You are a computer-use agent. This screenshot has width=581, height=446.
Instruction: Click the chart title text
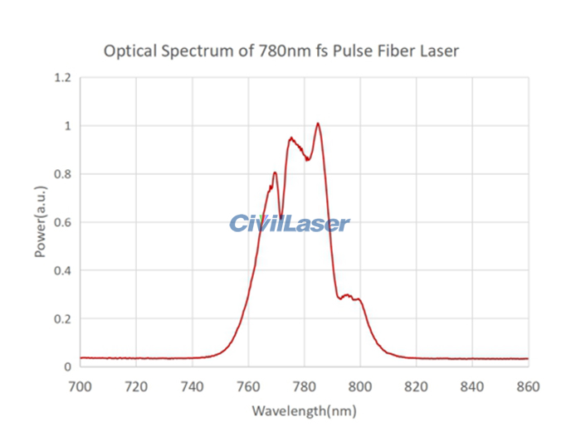281,51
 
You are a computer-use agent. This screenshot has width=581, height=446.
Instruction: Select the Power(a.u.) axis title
40,221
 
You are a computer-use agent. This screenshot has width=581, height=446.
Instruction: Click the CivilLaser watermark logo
289,222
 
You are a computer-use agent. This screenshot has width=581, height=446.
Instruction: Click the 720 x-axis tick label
136,386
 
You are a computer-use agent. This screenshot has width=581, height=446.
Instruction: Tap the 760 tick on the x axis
248,386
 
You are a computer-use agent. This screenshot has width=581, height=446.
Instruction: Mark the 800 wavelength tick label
360,386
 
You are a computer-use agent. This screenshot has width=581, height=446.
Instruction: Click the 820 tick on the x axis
416,386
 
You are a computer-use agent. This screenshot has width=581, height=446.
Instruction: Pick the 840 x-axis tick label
472,386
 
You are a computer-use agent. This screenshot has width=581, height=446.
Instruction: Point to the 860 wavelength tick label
528,386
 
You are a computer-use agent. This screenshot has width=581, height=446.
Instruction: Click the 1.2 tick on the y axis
63,78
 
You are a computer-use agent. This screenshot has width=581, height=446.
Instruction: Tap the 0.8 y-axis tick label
63,174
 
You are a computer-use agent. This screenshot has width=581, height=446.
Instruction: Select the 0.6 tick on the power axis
63,222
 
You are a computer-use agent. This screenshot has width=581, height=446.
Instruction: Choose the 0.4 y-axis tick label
63,270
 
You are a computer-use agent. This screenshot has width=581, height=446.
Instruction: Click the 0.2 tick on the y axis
63,318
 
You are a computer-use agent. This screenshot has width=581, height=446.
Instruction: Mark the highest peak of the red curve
318,124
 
